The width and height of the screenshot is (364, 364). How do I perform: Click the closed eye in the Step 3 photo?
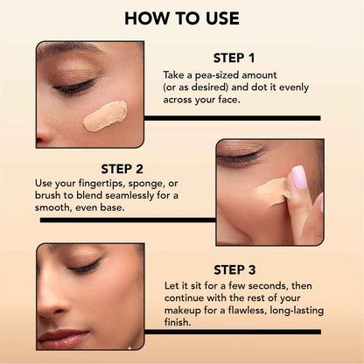86,268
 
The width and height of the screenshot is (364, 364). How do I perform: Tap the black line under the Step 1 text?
232,117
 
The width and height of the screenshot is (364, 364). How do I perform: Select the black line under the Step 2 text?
128,220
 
